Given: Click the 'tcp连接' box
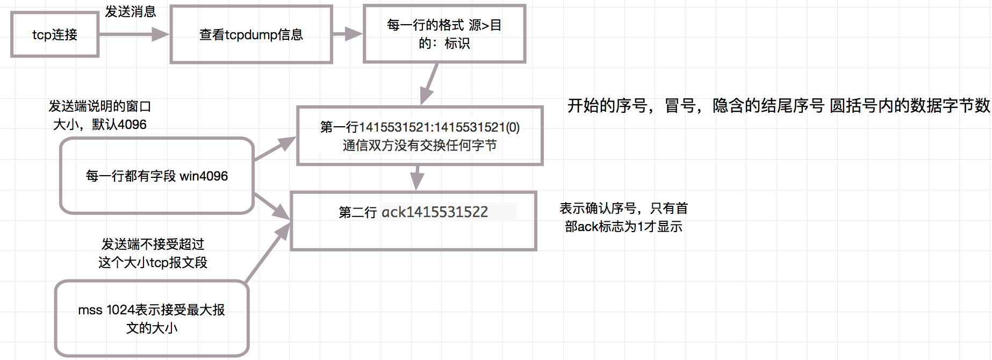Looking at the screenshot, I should click(x=54, y=34).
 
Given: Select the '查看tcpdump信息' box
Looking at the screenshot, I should click(x=251, y=34).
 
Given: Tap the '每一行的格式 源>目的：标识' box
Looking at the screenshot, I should click(x=444, y=34).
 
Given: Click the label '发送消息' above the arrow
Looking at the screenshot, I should click(x=130, y=11).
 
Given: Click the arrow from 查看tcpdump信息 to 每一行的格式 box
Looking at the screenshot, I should click(x=347, y=34).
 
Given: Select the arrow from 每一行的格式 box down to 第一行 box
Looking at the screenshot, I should click(x=429, y=84).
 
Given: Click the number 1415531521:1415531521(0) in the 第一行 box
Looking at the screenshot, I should click(x=439, y=127).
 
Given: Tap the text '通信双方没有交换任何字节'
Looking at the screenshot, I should click(x=419, y=146).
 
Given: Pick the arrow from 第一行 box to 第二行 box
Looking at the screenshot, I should click(x=416, y=177).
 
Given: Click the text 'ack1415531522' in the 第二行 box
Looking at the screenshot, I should click(x=435, y=212).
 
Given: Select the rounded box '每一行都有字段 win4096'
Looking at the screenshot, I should click(x=156, y=176).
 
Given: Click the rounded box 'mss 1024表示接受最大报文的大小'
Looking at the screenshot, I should click(x=152, y=318).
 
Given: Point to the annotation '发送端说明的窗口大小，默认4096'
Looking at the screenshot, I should click(x=100, y=115).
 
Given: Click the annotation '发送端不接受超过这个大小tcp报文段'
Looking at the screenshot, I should click(x=153, y=253).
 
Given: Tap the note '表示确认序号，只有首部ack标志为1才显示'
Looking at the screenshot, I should click(x=623, y=217).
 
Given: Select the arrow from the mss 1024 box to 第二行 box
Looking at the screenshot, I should click(x=267, y=253).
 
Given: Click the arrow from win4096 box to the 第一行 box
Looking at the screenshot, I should click(x=274, y=149).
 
